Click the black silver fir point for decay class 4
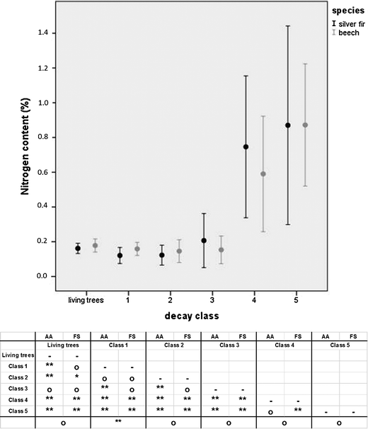point(246,147)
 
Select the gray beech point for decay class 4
point(263,173)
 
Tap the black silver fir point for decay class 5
point(288,125)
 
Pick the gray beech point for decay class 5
point(305,125)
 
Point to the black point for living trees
point(78,248)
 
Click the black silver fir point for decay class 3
point(204,241)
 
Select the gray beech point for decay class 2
point(179,251)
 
